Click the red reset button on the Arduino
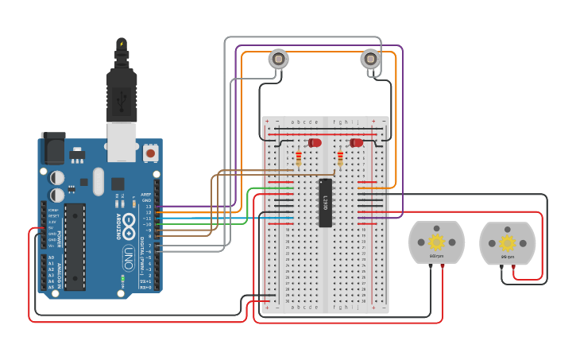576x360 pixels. pyautogui.click(x=150, y=151)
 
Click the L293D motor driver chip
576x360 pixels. pyautogui.click(x=325, y=203)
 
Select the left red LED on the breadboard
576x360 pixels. pyautogui.click(x=315, y=142)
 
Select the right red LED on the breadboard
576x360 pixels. pyautogui.click(x=357, y=142)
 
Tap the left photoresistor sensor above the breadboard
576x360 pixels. pyautogui.click(x=278, y=59)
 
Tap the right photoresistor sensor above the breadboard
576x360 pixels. pyautogui.click(x=370, y=59)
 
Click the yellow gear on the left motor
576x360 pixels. pyautogui.click(x=436, y=242)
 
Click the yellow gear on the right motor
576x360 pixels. pyautogui.click(x=507, y=242)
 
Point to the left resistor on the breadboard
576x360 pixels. pyautogui.click(x=298, y=160)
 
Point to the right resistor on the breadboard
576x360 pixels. pyautogui.click(x=340, y=160)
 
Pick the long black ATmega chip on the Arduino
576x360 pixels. pyautogui.click(x=75, y=246)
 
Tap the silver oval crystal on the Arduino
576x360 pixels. pyautogui.click(x=98, y=180)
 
